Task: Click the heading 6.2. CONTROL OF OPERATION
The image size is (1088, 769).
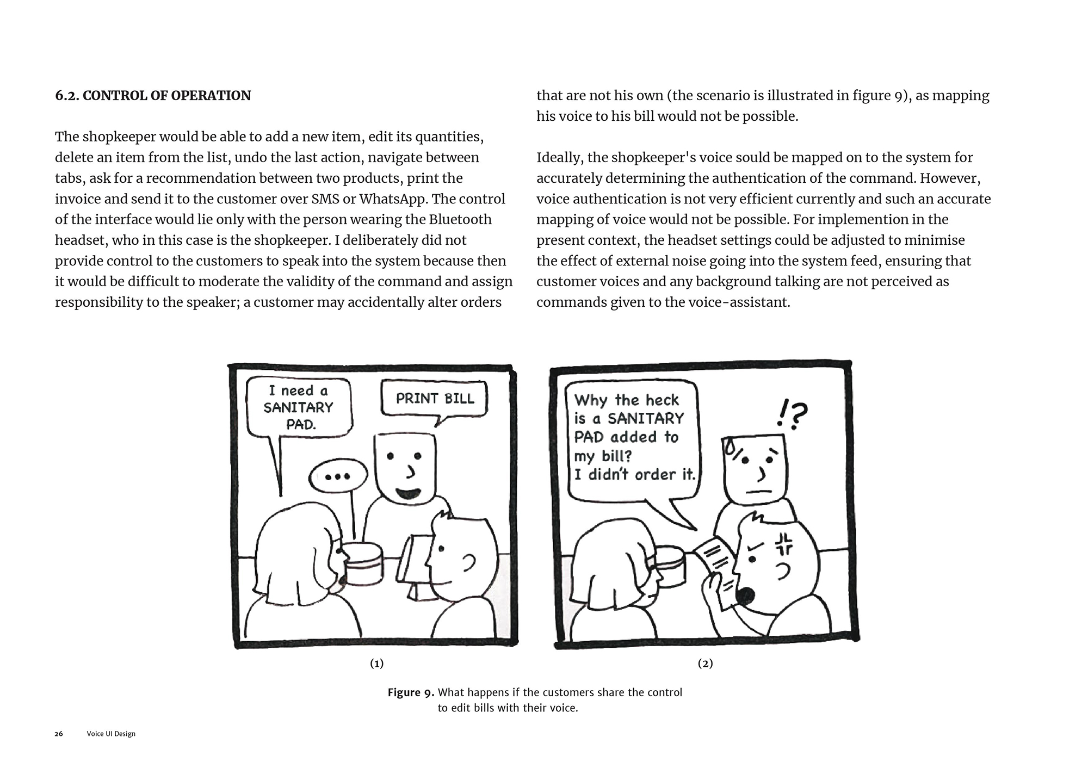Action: point(153,96)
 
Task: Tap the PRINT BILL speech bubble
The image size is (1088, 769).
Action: point(435,399)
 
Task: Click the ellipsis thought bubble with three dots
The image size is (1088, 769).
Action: point(337,477)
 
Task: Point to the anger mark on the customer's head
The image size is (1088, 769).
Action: point(784,543)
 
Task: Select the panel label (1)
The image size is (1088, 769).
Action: point(377,663)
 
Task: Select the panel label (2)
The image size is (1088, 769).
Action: point(705,663)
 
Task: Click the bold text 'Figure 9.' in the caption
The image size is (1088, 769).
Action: point(411,693)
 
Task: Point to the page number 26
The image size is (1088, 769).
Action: point(59,734)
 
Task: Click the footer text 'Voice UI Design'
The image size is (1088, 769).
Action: point(111,734)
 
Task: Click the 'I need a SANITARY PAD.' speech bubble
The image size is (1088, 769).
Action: point(299,407)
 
